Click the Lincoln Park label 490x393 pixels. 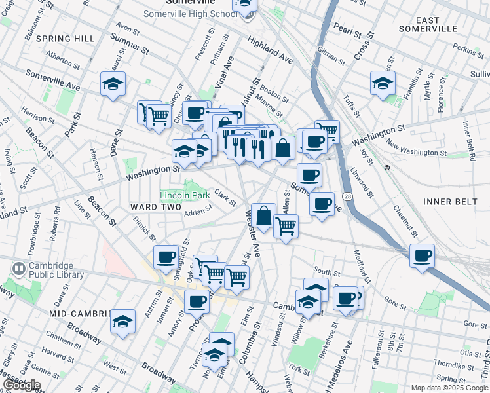point(185,195)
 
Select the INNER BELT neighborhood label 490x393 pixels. point(450,202)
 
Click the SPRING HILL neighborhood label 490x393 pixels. point(66,39)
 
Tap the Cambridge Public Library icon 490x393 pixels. point(18,269)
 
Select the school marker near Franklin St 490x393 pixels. point(383,84)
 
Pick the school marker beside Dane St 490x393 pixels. point(113,84)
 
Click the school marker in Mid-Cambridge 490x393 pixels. point(122,322)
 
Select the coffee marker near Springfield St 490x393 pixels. point(166,257)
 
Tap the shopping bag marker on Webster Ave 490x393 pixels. point(263,215)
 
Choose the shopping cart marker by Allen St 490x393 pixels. point(286,227)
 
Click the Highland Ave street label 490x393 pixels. point(270,49)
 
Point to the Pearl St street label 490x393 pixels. point(347,29)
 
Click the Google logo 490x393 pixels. point(22,385)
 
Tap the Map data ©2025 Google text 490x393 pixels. point(449,388)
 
